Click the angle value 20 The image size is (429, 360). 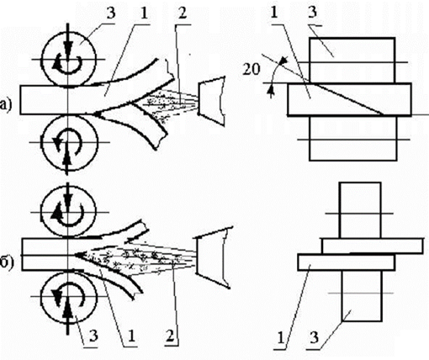click(x=251, y=70)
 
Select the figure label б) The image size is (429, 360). click(x=7, y=265)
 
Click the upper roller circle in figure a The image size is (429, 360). click(x=68, y=32)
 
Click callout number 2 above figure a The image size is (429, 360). click(x=182, y=13)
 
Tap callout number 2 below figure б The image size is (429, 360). click(x=170, y=335)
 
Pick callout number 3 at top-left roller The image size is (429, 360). click(x=111, y=13)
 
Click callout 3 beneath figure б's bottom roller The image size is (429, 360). click(x=93, y=335)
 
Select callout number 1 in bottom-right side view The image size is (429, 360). click(x=282, y=336)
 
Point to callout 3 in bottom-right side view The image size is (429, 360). click(x=315, y=337)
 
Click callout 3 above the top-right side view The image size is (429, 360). click(x=313, y=13)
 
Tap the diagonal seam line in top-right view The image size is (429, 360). click(x=347, y=99)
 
